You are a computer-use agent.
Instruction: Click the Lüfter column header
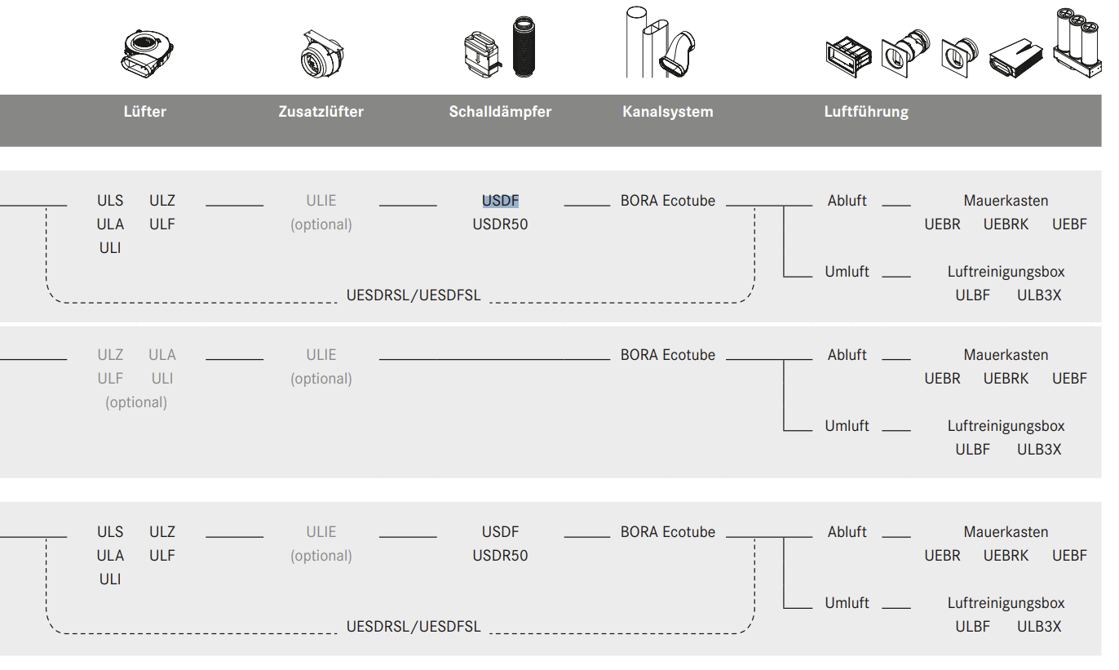click(144, 112)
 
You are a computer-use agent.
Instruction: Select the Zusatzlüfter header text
click(321, 112)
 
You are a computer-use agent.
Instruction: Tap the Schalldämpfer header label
click(500, 112)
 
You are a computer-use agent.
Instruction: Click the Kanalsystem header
click(667, 112)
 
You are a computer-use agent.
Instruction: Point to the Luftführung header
click(866, 112)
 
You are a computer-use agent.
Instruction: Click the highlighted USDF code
click(500, 201)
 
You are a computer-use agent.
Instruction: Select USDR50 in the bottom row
click(500, 556)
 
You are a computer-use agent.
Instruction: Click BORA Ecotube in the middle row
click(667, 355)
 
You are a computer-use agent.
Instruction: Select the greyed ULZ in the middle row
click(110, 355)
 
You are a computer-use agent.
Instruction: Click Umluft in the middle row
click(847, 426)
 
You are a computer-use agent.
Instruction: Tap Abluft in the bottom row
click(847, 532)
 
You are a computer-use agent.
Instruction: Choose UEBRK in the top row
click(1006, 224)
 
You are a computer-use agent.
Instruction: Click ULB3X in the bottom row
click(1038, 627)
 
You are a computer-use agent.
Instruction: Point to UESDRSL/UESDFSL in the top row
click(414, 295)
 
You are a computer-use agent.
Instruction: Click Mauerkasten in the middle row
click(1006, 355)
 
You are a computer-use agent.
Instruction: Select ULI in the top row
click(110, 248)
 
